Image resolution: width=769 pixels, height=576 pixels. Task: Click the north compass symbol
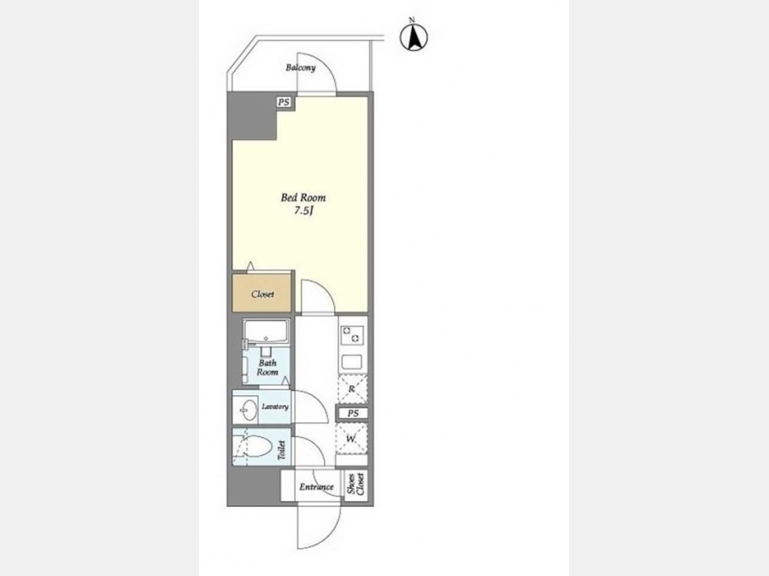tap(414, 37)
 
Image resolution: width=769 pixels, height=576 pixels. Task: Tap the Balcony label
tap(301, 67)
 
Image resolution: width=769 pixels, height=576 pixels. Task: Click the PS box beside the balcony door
tap(284, 102)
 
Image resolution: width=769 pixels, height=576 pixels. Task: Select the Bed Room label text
tap(303, 197)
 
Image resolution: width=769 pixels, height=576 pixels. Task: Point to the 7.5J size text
tap(303, 211)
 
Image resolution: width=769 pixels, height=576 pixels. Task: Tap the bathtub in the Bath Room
tap(267, 332)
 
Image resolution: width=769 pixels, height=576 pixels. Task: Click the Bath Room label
tap(267, 367)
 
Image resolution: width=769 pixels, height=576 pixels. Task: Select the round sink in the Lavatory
tap(249, 409)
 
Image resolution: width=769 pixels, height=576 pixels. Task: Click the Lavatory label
tap(275, 406)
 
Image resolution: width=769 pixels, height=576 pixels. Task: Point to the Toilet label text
tap(281, 450)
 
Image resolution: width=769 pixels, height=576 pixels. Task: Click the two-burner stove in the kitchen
tap(353, 335)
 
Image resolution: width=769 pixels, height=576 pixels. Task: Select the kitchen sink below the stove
tap(353, 363)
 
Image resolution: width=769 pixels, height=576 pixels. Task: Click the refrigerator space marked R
tap(352, 389)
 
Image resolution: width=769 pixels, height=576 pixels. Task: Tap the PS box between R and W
tap(353, 413)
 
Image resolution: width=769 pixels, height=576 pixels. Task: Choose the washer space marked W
tap(352, 439)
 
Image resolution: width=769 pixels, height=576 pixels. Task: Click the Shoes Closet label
tap(356, 484)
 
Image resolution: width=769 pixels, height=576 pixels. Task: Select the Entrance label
tap(316, 487)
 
